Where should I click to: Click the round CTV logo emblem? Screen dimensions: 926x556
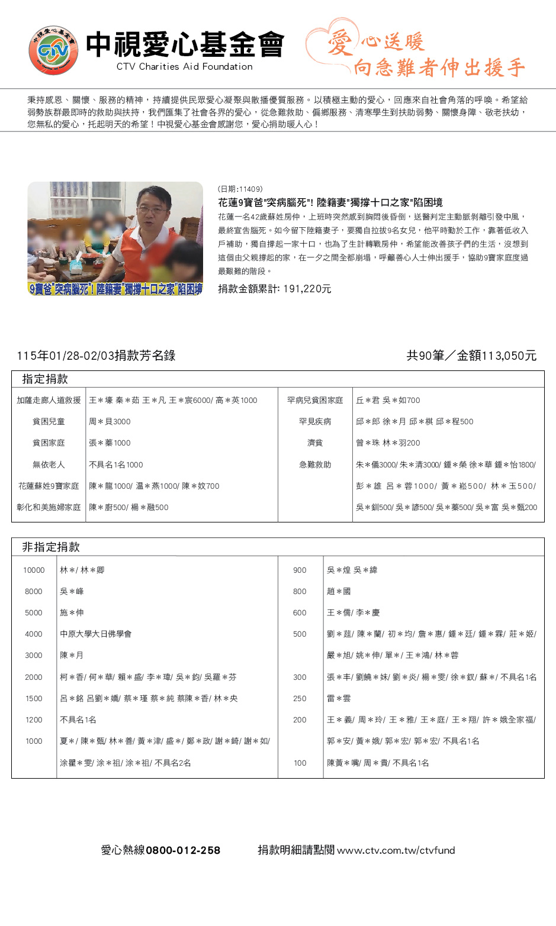point(53,50)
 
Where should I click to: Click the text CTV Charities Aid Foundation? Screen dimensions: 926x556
point(184,67)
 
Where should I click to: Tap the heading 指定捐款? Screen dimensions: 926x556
point(45,379)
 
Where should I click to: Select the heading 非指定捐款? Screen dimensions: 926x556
point(51,547)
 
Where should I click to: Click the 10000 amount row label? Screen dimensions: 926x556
point(34,570)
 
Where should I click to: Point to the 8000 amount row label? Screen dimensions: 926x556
point(34,592)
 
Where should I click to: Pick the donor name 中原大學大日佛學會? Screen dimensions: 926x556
point(96,634)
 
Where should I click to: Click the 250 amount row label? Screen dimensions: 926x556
point(300,699)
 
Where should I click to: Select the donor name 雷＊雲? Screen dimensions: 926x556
point(339,699)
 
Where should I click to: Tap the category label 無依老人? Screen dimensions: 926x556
point(49,465)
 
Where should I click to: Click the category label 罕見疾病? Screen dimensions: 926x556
point(315,422)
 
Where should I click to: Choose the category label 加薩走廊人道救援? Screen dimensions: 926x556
point(49,401)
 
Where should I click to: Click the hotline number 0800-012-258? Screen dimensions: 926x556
point(183,850)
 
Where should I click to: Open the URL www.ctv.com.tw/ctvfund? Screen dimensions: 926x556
point(396,850)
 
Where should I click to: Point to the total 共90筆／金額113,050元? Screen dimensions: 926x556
point(471,356)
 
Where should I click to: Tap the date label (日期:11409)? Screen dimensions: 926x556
point(240,189)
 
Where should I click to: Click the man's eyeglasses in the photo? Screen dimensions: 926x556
point(152,209)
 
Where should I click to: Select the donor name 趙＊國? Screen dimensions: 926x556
point(339,592)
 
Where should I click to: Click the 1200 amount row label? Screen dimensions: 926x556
point(34,720)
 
